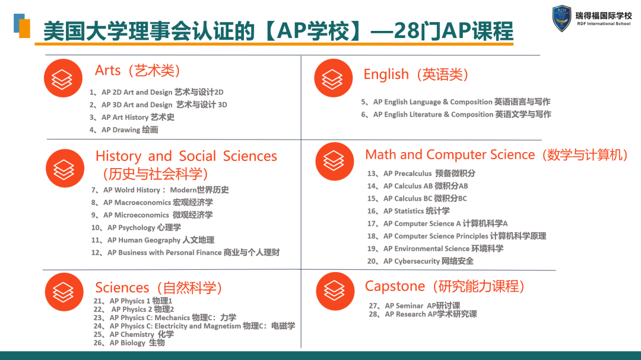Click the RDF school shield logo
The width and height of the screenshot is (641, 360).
[561, 18]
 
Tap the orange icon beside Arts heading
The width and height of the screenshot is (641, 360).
[63, 78]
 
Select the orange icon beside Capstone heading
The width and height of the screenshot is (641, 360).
[335, 291]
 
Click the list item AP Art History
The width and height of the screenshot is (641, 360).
[132, 118]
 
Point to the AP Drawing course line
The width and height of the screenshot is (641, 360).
[124, 130]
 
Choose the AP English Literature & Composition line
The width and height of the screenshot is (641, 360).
[456, 115]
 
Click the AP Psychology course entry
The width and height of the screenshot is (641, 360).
[136, 228]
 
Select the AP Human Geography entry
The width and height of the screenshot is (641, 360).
[153, 240]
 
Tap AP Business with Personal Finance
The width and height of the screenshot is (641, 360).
[186, 253]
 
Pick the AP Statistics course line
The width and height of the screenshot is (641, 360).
[408, 211]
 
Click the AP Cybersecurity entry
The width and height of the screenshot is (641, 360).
[420, 261]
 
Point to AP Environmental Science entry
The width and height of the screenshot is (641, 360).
[436, 249]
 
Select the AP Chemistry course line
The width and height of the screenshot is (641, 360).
[134, 334]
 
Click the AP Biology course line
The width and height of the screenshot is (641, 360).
[129, 343]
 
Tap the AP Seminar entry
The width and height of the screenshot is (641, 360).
[414, 306]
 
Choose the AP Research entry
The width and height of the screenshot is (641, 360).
[423, 314]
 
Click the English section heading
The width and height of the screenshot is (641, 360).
[415, 74]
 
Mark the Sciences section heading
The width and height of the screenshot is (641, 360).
[158, 288]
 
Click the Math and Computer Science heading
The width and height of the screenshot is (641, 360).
[496, 155]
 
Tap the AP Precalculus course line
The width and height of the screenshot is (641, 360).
[421, 173]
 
